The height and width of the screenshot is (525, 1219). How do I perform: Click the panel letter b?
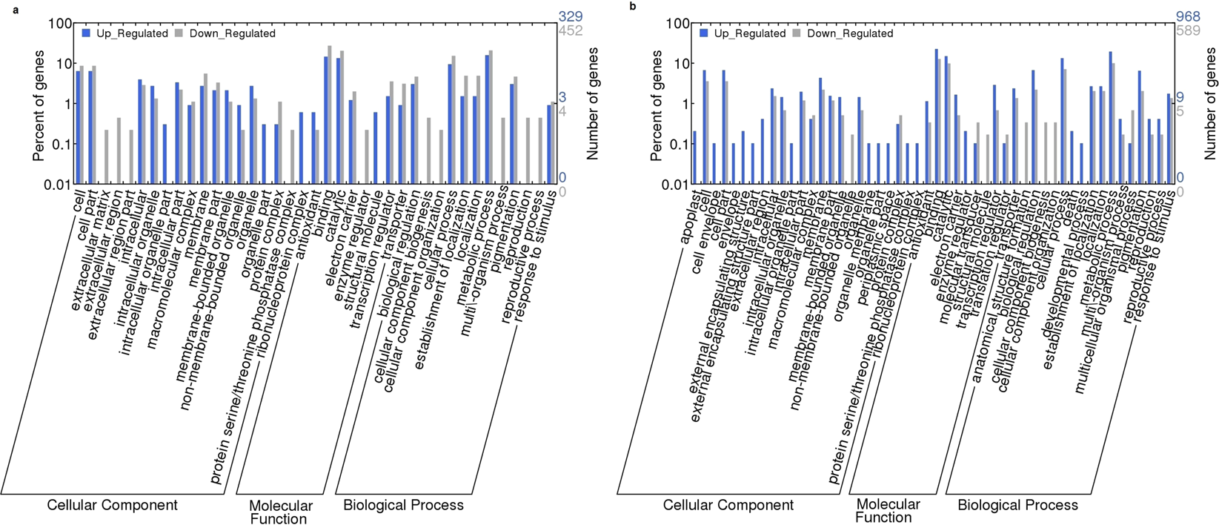pyautogui.click(x=632, y=6)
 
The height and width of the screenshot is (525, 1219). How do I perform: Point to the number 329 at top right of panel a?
pyautogui.click(x=570, y=16)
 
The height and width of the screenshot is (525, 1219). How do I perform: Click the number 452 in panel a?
pyautogui.click(x=570, y=30)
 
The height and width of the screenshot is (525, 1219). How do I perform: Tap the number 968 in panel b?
pyautogui.click(x=1187, y=16)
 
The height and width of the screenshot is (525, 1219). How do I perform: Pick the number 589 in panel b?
pyautogui.click(x=1187, y=30)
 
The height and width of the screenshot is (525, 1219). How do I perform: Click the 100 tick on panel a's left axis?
pyautogui.click(x=59, y=23)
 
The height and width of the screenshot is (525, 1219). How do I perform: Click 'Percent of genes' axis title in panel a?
pyautogui.click(x=38, y=105)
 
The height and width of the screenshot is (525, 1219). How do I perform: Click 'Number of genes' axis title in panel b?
pyautogui.click(x=1211, y=104)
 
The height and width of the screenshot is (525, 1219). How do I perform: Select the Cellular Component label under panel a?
pyautogui.click(x=112, y=505)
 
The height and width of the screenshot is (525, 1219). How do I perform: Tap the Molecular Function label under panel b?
pyautogui.click(x=888, y=511)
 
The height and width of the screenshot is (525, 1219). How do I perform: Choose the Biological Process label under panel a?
pyautogui.click(x=403, y=505)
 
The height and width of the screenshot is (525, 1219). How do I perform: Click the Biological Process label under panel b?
pyautogui.click(x=1017, y=505)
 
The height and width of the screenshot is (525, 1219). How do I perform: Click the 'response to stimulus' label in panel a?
pyautogui.click(x=535, y=245)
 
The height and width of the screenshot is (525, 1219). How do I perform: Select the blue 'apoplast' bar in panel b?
pyautogui.click(x=695, y=157)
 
